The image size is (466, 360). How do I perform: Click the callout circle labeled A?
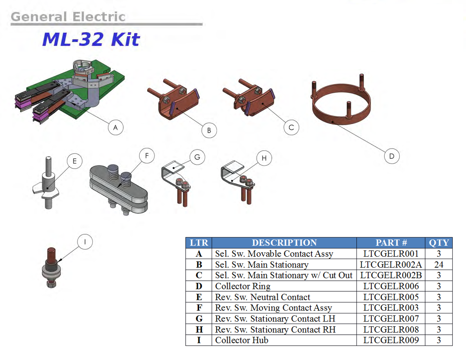click(x=115, y=127)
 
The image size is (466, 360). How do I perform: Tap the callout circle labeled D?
click(x=391, y=156)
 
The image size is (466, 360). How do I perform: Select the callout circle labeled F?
click(x=146, y=156)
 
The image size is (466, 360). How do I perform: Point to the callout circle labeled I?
click(x=85, y=242)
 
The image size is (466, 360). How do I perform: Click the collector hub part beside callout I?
click(x=51, y=268)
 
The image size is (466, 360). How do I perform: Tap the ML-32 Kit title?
click(x=90, y=40)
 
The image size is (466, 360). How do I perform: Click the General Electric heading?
click(x=68, y=17)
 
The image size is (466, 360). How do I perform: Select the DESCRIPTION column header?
click(x=284, y=243)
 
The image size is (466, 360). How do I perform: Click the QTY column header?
click(x=439, y=243)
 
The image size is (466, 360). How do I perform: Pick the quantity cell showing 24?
click(x=439, y=265)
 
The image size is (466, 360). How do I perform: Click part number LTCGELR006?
click(x=391, y=287)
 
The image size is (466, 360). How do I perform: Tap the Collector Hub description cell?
click(x=242, y=341)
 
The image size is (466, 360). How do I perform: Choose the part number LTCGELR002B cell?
click(x=391, y=276)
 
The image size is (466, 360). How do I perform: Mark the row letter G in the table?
click(x=199, y=319)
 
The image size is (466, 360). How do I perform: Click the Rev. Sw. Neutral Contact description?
click(x=263, y=297)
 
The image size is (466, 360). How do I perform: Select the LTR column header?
click(x=199, y=243)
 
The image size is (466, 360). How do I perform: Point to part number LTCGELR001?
click(x=391, y=254)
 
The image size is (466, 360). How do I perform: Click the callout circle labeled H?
click(x=264, y=158)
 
